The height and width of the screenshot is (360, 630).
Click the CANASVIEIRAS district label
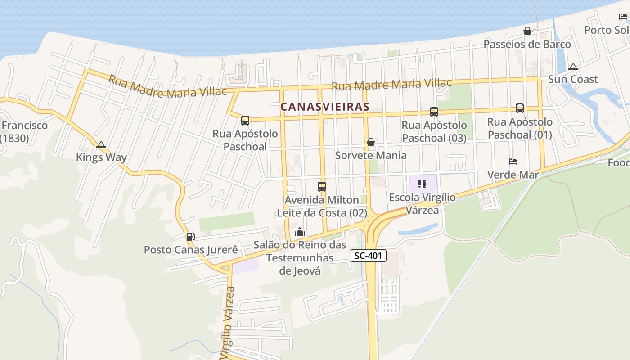(x=324, y=107)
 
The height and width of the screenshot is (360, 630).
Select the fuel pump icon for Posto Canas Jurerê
(x=190, y=237)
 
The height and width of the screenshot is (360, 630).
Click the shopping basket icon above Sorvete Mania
(x=371, y=142)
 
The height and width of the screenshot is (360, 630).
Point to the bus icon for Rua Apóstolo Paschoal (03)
(x=434, y=112)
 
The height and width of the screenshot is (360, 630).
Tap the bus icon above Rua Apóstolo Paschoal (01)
(x=519, y=108)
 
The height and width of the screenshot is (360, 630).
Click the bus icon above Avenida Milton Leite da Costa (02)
(x=321, y=186)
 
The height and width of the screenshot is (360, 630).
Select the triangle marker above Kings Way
(x=101, y=145)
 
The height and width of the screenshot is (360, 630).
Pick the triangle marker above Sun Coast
(x=573, y=67)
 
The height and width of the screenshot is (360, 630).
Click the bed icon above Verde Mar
(x=513, y=162)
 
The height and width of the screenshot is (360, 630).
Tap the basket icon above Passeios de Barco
(x=527, y=31)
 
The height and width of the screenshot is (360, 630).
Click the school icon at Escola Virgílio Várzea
(x=422, y=184)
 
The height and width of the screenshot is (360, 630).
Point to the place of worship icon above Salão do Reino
(x=299, y=232)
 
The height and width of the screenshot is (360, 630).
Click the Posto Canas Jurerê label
(x=190, y=250)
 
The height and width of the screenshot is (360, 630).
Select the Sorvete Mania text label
(x=370, y=156)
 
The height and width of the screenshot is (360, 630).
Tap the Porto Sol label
(x=606, y=30)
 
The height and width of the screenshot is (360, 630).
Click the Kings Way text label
(x=101, y=157)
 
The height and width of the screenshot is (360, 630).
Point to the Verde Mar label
(x=513, y=175)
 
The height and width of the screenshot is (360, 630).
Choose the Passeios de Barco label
(x=527, y=44)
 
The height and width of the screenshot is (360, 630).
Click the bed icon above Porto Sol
(x=623, y=17)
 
